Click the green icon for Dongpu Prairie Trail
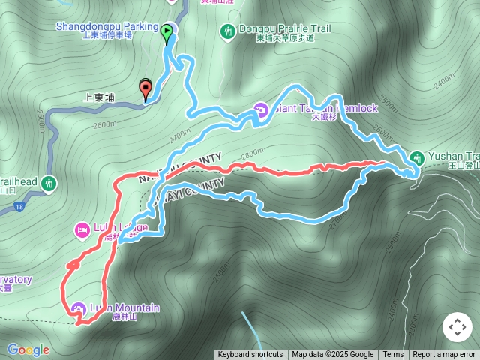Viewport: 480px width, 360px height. pyautogui.click(x=227, y=31)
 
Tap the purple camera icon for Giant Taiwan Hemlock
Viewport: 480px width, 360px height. pyautogui.click(x=261, y=109)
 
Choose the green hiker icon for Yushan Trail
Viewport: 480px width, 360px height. pyautogui.click(x=416, y=157)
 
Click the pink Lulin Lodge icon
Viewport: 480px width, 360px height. pyautogui.click(x=82, y=228)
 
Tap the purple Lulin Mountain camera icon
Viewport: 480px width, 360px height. pyautogui.click(x=79, y=307)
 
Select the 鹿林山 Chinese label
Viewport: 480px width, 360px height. pyautogui.click(x=123, y=317)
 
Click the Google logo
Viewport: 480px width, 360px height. pyautogui.click(x=28, y=349)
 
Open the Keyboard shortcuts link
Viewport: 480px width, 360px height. pyautogui.click(x=250, y=355)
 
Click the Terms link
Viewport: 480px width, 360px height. pyautogui.click(x=393, y=355)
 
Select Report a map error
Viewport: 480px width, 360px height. pyautogui.click(x=444, y=355)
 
